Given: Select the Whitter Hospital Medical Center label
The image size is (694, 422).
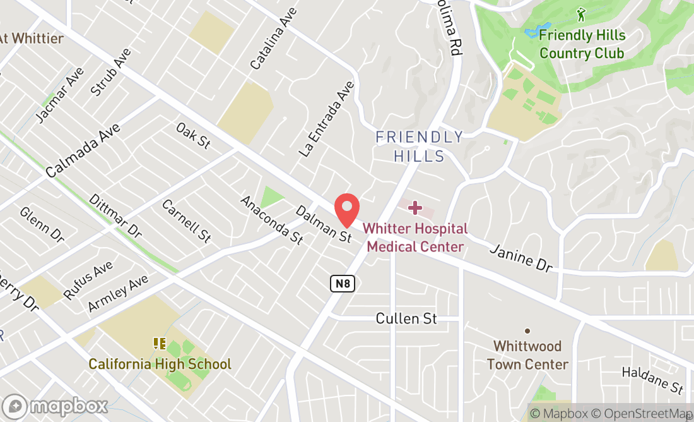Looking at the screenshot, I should tap(415, 238).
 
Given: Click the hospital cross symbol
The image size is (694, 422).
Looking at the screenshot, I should tap(415, 207).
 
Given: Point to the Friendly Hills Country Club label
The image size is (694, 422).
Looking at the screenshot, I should tap(582, 44).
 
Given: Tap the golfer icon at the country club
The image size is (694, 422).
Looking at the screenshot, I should tap(581, 14).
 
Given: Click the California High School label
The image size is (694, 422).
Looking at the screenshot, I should tap(160, 364).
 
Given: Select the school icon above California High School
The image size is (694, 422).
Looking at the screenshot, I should tap(159, 344).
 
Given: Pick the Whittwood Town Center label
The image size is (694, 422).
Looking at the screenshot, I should tap(527, 355).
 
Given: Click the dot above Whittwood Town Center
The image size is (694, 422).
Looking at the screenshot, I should tap(527, 331).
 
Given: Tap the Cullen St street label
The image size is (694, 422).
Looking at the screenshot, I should tap(406, 318).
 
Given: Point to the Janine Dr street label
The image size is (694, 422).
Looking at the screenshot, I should tap(521, 259).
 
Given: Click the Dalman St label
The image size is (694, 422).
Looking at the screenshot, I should tap(323, 224).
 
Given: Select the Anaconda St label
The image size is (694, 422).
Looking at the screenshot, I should tap(272, 219).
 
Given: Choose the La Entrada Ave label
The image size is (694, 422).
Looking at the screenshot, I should tap(327, 119).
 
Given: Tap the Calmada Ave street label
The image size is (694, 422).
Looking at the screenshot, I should tap(83, 149).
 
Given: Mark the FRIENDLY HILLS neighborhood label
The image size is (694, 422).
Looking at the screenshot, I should tap(420, 146).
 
